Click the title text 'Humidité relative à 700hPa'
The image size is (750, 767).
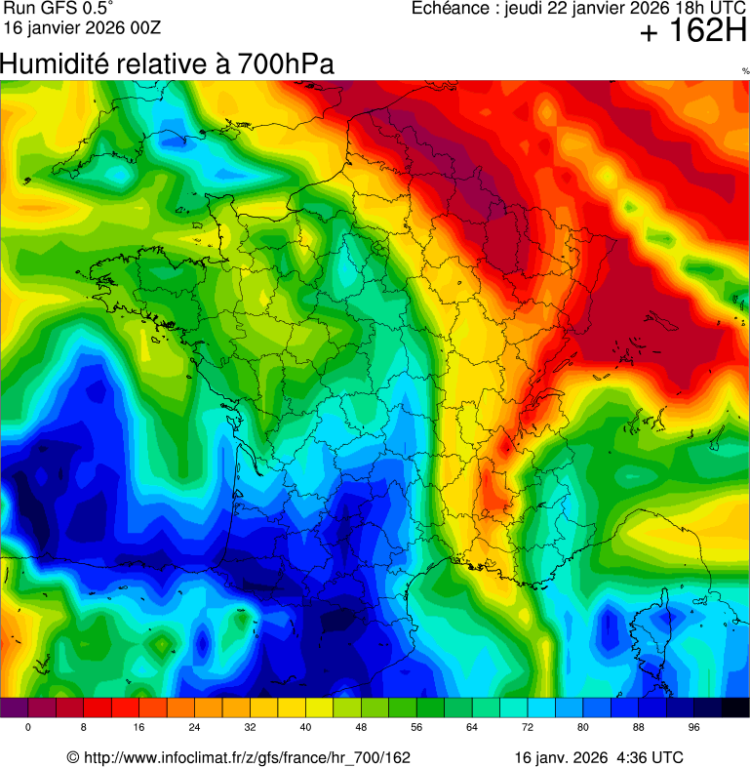tap(168, 64)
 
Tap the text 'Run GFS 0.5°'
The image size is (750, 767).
tap(59, 9)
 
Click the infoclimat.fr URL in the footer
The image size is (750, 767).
tap(239, 757)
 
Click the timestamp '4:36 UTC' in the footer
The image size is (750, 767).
tap(651, 757)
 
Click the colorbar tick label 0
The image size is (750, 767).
tap(28, 728)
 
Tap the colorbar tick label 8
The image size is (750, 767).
tap(84, 728)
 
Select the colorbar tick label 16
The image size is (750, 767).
tap(139, 728)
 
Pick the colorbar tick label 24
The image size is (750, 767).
tap(195, 728)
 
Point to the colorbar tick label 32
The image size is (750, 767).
tap(251, 728)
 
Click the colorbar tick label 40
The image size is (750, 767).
tap(306, 728)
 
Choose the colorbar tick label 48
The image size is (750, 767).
tap(362, 728)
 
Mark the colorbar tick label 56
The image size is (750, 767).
tap(417, 728)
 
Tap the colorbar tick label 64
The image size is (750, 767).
tap(473, 728)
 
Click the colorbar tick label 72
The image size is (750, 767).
tap(529, 728)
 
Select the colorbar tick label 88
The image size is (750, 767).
tap(640, 728)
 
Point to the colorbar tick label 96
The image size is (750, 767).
tap(695, 728)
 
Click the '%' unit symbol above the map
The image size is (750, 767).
tap(745, 71)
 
